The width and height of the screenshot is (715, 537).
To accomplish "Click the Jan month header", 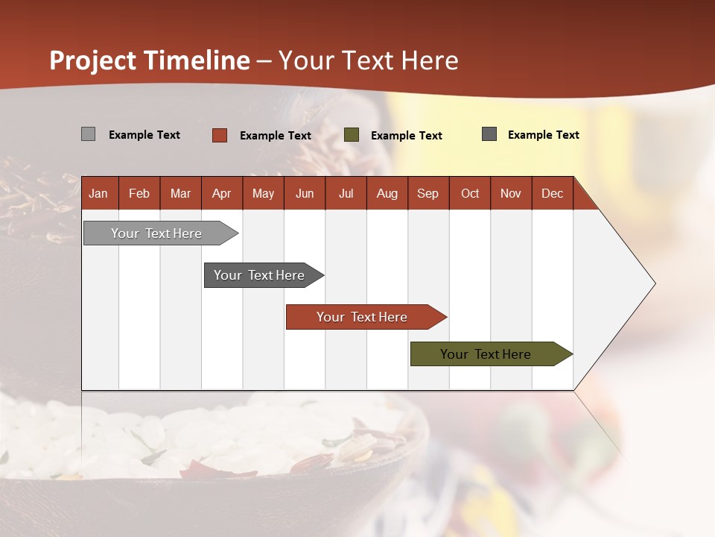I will [98, 194].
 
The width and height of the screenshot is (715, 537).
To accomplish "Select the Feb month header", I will [139, 194].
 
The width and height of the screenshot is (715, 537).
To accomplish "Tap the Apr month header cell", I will [221, 194].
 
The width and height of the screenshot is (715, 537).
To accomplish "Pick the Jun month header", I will [305, 194].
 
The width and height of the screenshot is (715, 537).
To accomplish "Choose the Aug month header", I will [387, 194].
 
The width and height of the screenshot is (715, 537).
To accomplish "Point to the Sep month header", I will [428, 194].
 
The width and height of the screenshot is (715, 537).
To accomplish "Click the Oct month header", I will [470, 194].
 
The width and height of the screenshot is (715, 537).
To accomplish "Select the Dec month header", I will [552, 194].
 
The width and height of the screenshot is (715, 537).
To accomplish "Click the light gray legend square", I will [88, 134].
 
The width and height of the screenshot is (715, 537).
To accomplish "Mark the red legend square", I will [219, 135].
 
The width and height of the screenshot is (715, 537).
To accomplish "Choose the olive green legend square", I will [351, 135].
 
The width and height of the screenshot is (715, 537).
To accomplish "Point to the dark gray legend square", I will [489, 134].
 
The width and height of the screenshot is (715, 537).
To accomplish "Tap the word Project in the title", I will [93, 60].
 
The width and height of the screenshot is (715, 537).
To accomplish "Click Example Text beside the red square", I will [275, 136].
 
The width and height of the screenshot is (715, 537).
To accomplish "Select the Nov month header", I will [510, 194].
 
